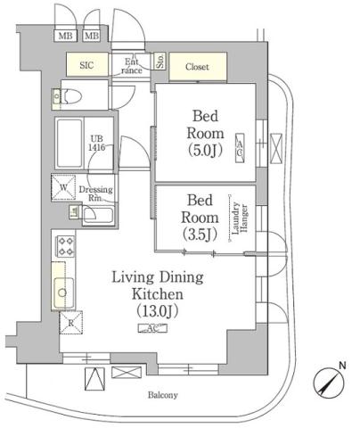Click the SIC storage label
pyautogui.click(x=86, y=65)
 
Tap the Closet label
pyautogui.click(x=197, y=66)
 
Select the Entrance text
pyautogui.click(x=130, y=65)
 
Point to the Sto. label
pyautogui.click(x=160, y=62)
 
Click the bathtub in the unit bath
pyautogui.click(x=71, y=141)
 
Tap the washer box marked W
pyautogui.click(x=65, y=188)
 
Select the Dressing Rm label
pyautogui.click(x=95, y=194)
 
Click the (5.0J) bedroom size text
pyautogui.click(x=202, y=150)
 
